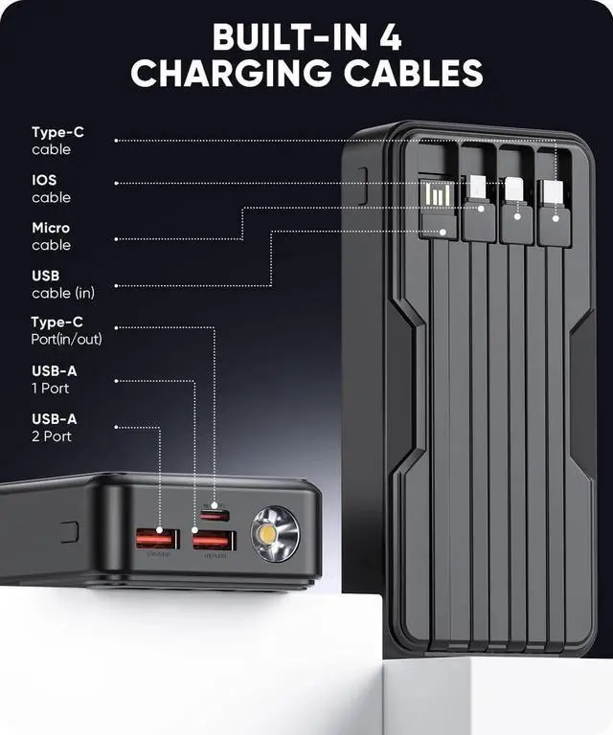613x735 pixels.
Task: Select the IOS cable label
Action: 51,189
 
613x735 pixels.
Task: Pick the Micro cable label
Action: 51,236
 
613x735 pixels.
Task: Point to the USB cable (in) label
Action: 62,284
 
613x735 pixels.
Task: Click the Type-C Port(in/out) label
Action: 66,330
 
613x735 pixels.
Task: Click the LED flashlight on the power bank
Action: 275,535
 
